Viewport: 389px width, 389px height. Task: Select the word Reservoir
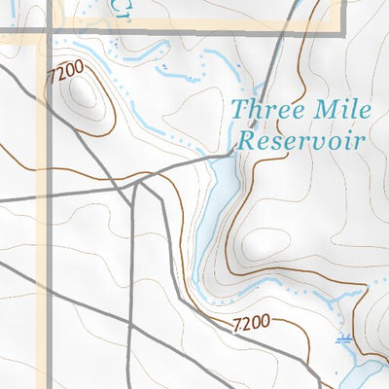click(x=301, y=140)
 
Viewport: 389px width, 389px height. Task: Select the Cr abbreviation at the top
click(x=119, y=9)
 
